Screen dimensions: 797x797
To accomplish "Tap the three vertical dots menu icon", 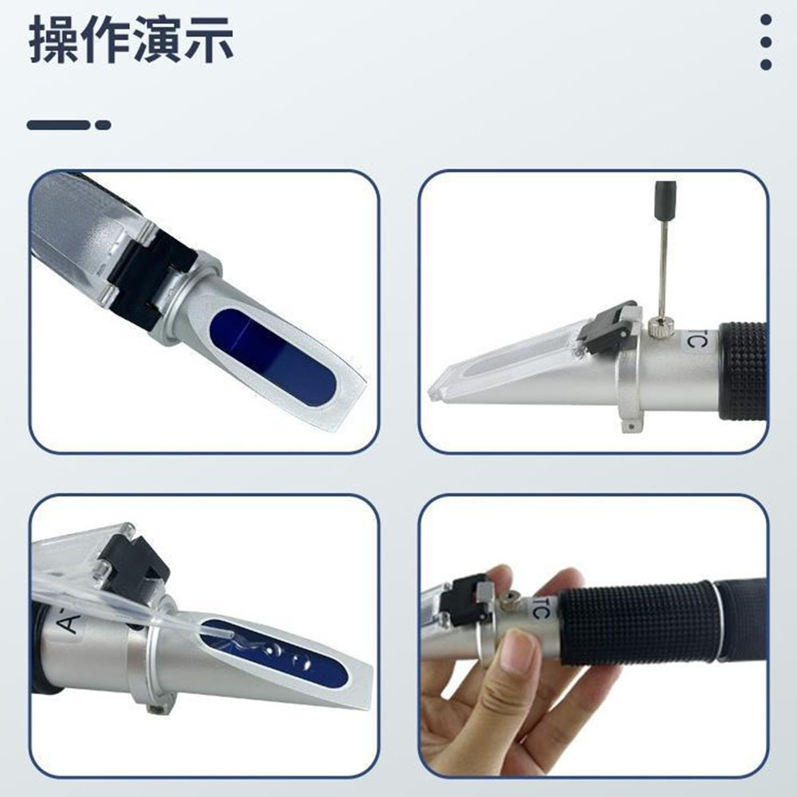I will (x=765, y=42).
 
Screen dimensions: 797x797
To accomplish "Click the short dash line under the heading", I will (x=69, y=125).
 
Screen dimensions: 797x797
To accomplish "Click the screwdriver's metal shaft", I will (x=662, y=271).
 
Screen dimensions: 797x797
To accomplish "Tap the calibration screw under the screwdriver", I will (x=662, y=324).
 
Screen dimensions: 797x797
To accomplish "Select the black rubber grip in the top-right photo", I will (x=743, y=371).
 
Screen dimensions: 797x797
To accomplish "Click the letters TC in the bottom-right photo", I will (x=540, y=612).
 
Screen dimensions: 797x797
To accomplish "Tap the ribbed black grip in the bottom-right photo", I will (x=638, y=622).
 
